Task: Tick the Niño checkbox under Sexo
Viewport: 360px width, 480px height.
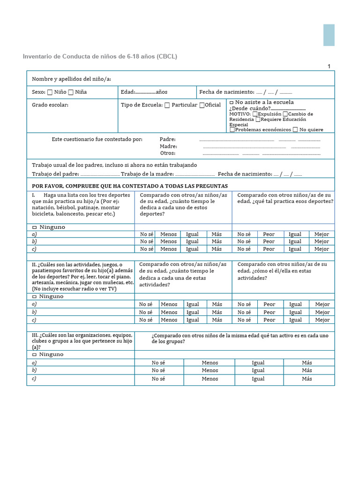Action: (x=50, y=92)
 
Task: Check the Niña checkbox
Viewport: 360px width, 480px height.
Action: (x=71, y=92)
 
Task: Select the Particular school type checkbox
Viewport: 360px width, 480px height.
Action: (x=167, y=105)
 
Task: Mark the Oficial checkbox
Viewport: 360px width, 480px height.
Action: (x=202, y=105)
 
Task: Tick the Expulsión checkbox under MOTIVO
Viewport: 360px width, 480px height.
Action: (x=255, y=114)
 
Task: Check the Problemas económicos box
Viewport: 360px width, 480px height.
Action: (x=232, y=130)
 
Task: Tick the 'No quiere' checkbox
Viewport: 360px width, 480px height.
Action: (x=295, y=130)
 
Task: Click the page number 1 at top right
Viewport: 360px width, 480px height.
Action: (x=329, y=66)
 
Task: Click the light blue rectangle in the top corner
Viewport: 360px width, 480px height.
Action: (x=329, y=35)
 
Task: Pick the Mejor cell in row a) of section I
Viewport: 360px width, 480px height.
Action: (x=322, y=234)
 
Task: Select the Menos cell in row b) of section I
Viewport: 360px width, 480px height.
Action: (x=169, y=242)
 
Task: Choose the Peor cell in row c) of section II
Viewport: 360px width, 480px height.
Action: (x=270, y=320)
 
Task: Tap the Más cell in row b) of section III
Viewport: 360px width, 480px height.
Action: (x=307, y=370)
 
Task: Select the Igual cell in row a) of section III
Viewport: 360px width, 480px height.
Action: (x=258, y=363)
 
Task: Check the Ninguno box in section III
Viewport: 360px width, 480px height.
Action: (x=34, y=354)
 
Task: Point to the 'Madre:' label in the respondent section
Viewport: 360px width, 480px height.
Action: (x=168, y=146)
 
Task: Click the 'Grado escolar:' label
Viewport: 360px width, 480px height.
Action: (x=50, y=105)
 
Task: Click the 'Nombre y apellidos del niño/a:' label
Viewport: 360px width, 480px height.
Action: (x=71, y=79)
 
